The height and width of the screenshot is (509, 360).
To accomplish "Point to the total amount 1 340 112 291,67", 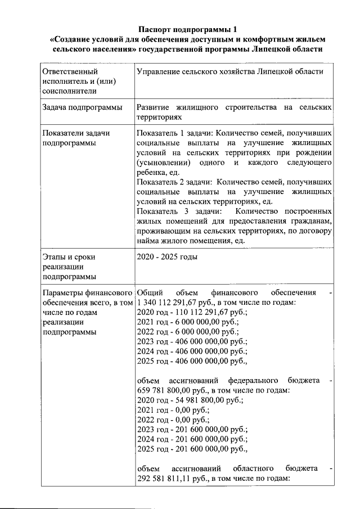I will point(169,303).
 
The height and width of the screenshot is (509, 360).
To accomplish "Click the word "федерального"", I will point(260,381).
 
